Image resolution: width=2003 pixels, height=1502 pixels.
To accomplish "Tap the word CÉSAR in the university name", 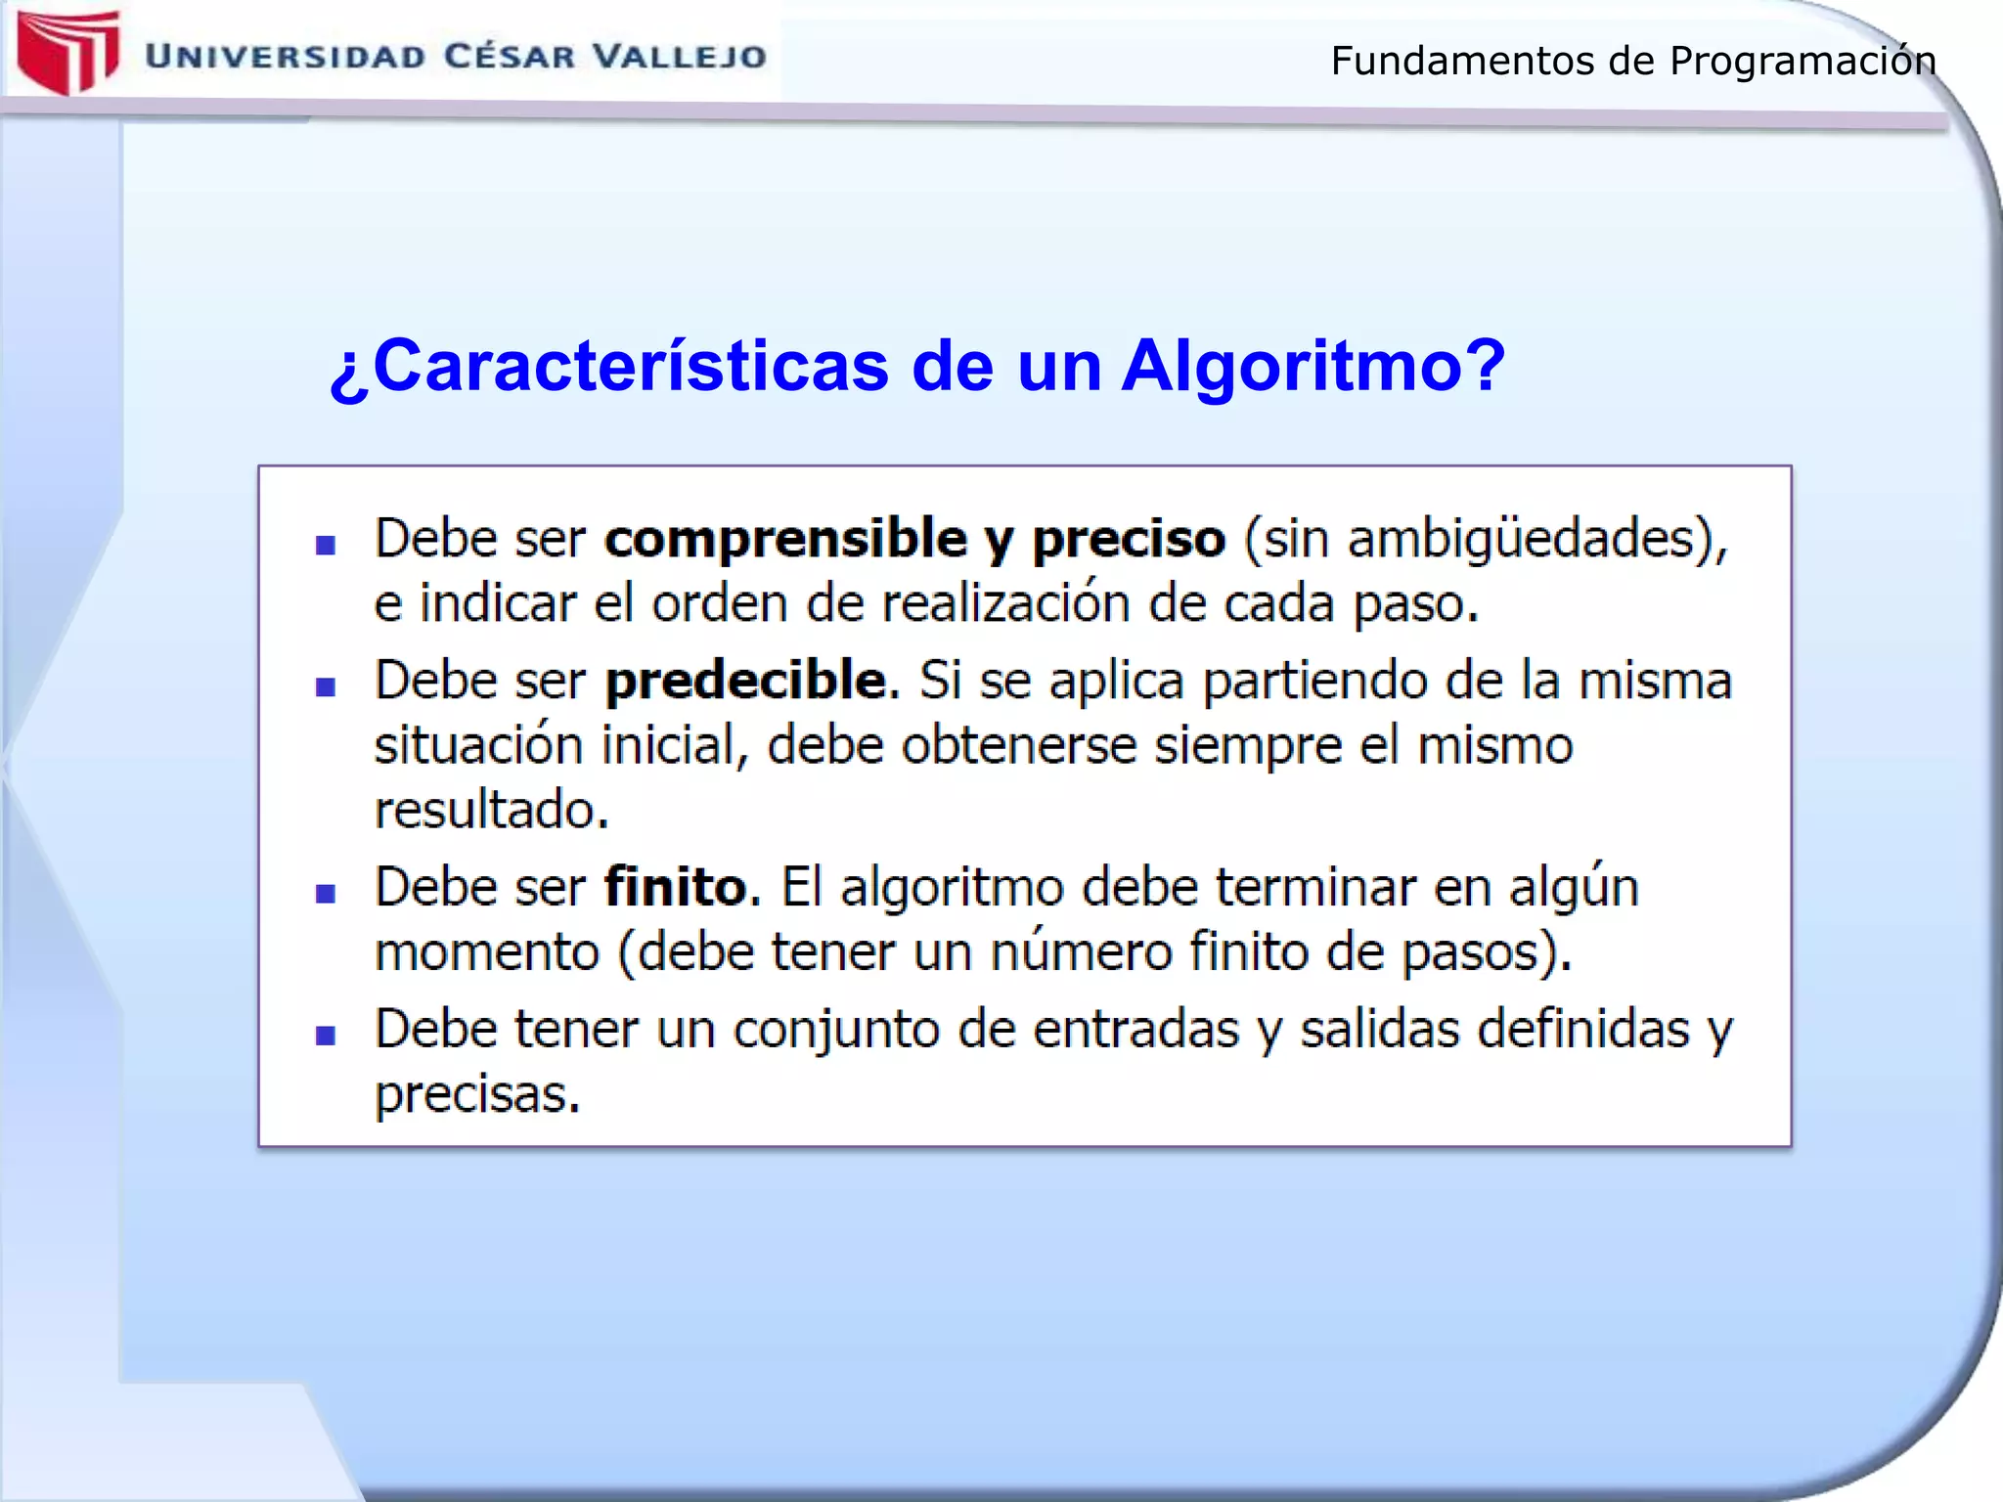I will pos(509,57).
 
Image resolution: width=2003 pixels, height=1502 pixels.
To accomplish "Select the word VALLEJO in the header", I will pos(680,57).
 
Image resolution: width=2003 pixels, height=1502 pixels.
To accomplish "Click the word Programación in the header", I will pos(1802,62).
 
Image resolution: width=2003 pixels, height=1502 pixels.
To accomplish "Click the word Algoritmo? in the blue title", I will pos(1313,366).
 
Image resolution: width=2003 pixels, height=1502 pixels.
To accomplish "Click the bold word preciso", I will pos(1129,539).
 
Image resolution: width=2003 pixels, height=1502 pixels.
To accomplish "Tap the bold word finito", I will pos(677,887).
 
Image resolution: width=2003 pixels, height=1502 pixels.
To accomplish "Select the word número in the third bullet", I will pos(1081,951).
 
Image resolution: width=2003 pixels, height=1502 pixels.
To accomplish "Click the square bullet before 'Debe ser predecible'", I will pos(326,686).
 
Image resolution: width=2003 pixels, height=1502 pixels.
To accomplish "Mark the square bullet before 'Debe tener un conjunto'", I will pos(326,1036).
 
